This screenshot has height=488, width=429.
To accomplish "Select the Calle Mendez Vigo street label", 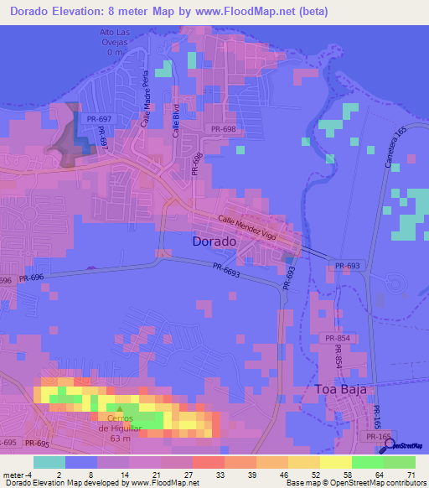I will (x=247, y=227).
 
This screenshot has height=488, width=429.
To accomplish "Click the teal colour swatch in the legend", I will (x=49, y=462).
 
